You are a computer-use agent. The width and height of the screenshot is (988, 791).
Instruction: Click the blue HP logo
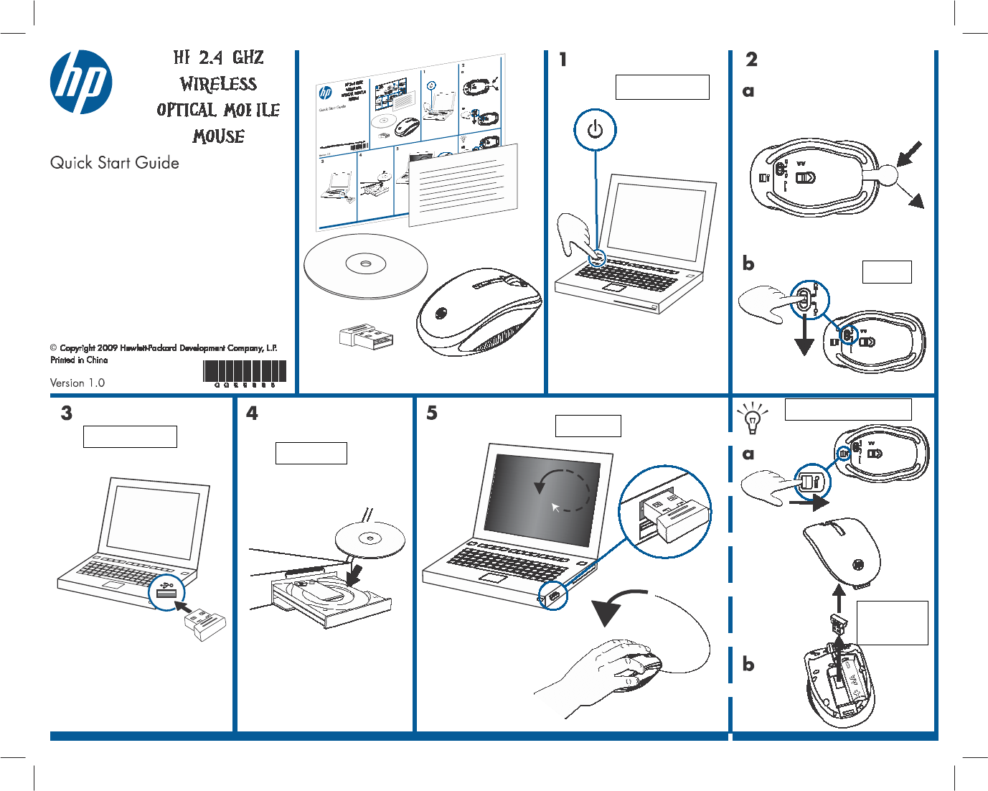click(81, 82)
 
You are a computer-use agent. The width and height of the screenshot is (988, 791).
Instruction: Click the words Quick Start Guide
click(115, 163)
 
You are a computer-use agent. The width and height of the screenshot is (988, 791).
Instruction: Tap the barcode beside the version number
click(245, 372)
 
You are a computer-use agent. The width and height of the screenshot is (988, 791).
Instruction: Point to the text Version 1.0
click(77, 383)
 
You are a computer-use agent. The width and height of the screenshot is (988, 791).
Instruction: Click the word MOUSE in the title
click(219, 136)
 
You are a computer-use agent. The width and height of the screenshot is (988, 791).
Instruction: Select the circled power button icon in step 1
click(595, 130)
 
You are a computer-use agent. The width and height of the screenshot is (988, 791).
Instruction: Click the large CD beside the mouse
click(365, 265)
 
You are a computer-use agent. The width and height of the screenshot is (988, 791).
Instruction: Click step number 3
click(67, 413)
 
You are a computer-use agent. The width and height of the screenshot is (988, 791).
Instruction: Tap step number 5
click(431, 413)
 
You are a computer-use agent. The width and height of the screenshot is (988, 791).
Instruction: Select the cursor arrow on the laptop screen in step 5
click(555, 507)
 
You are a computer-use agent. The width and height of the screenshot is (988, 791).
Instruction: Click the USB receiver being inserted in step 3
click(205, 623)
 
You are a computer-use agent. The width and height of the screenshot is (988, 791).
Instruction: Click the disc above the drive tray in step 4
click(370, 538)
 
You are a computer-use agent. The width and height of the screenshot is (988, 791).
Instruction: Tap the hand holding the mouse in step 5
click(610, 668)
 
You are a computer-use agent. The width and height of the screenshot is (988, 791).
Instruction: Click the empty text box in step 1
click(662, 87)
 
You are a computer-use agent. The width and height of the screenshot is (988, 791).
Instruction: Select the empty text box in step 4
click(311, 453)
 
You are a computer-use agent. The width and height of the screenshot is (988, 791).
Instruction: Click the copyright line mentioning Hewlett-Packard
click(164, 348)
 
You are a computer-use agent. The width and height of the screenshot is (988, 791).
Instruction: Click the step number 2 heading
click(751, 60)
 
